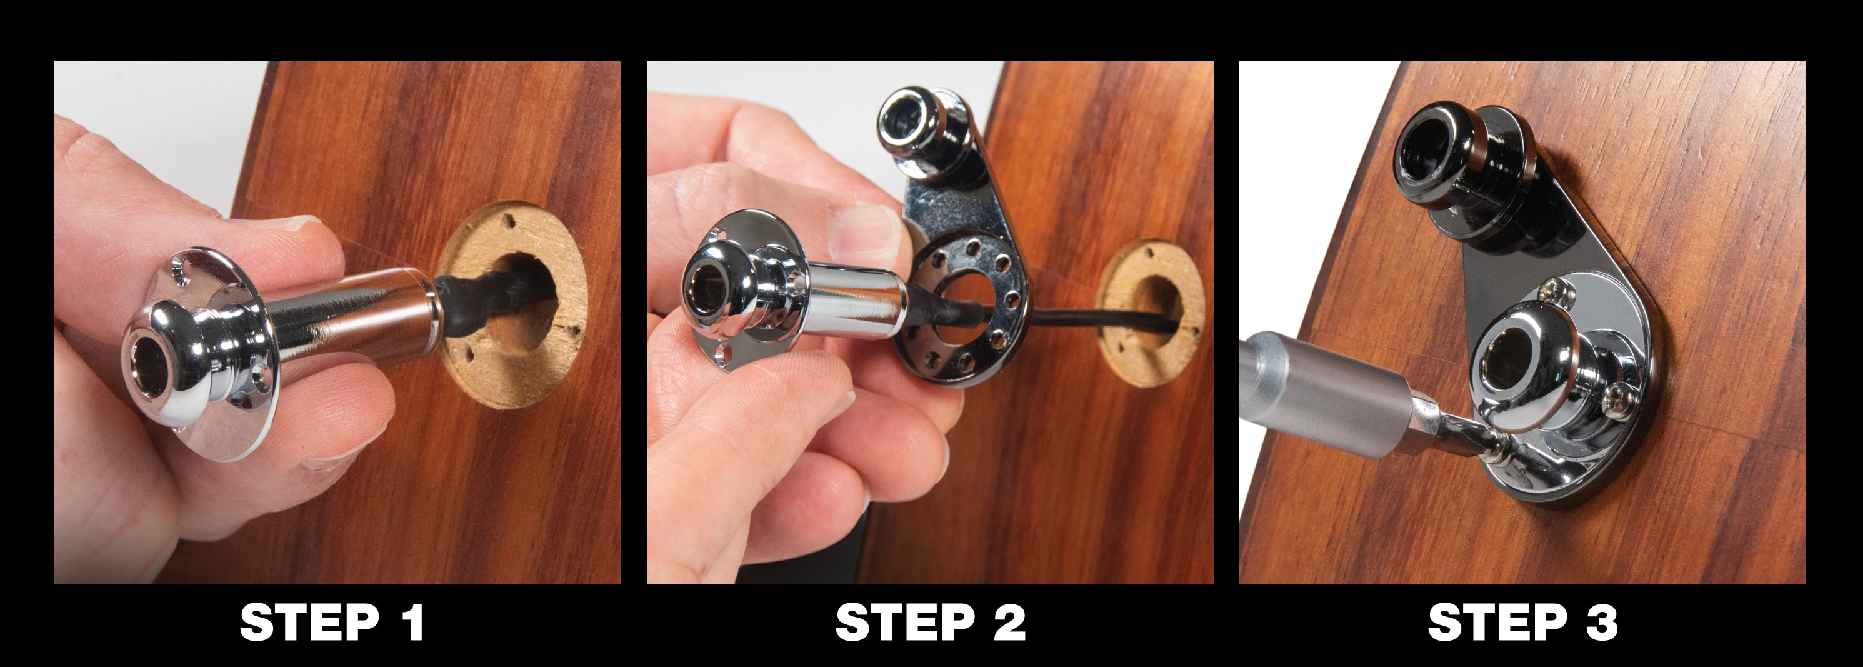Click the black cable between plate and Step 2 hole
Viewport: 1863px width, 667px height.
click(1063, 318)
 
